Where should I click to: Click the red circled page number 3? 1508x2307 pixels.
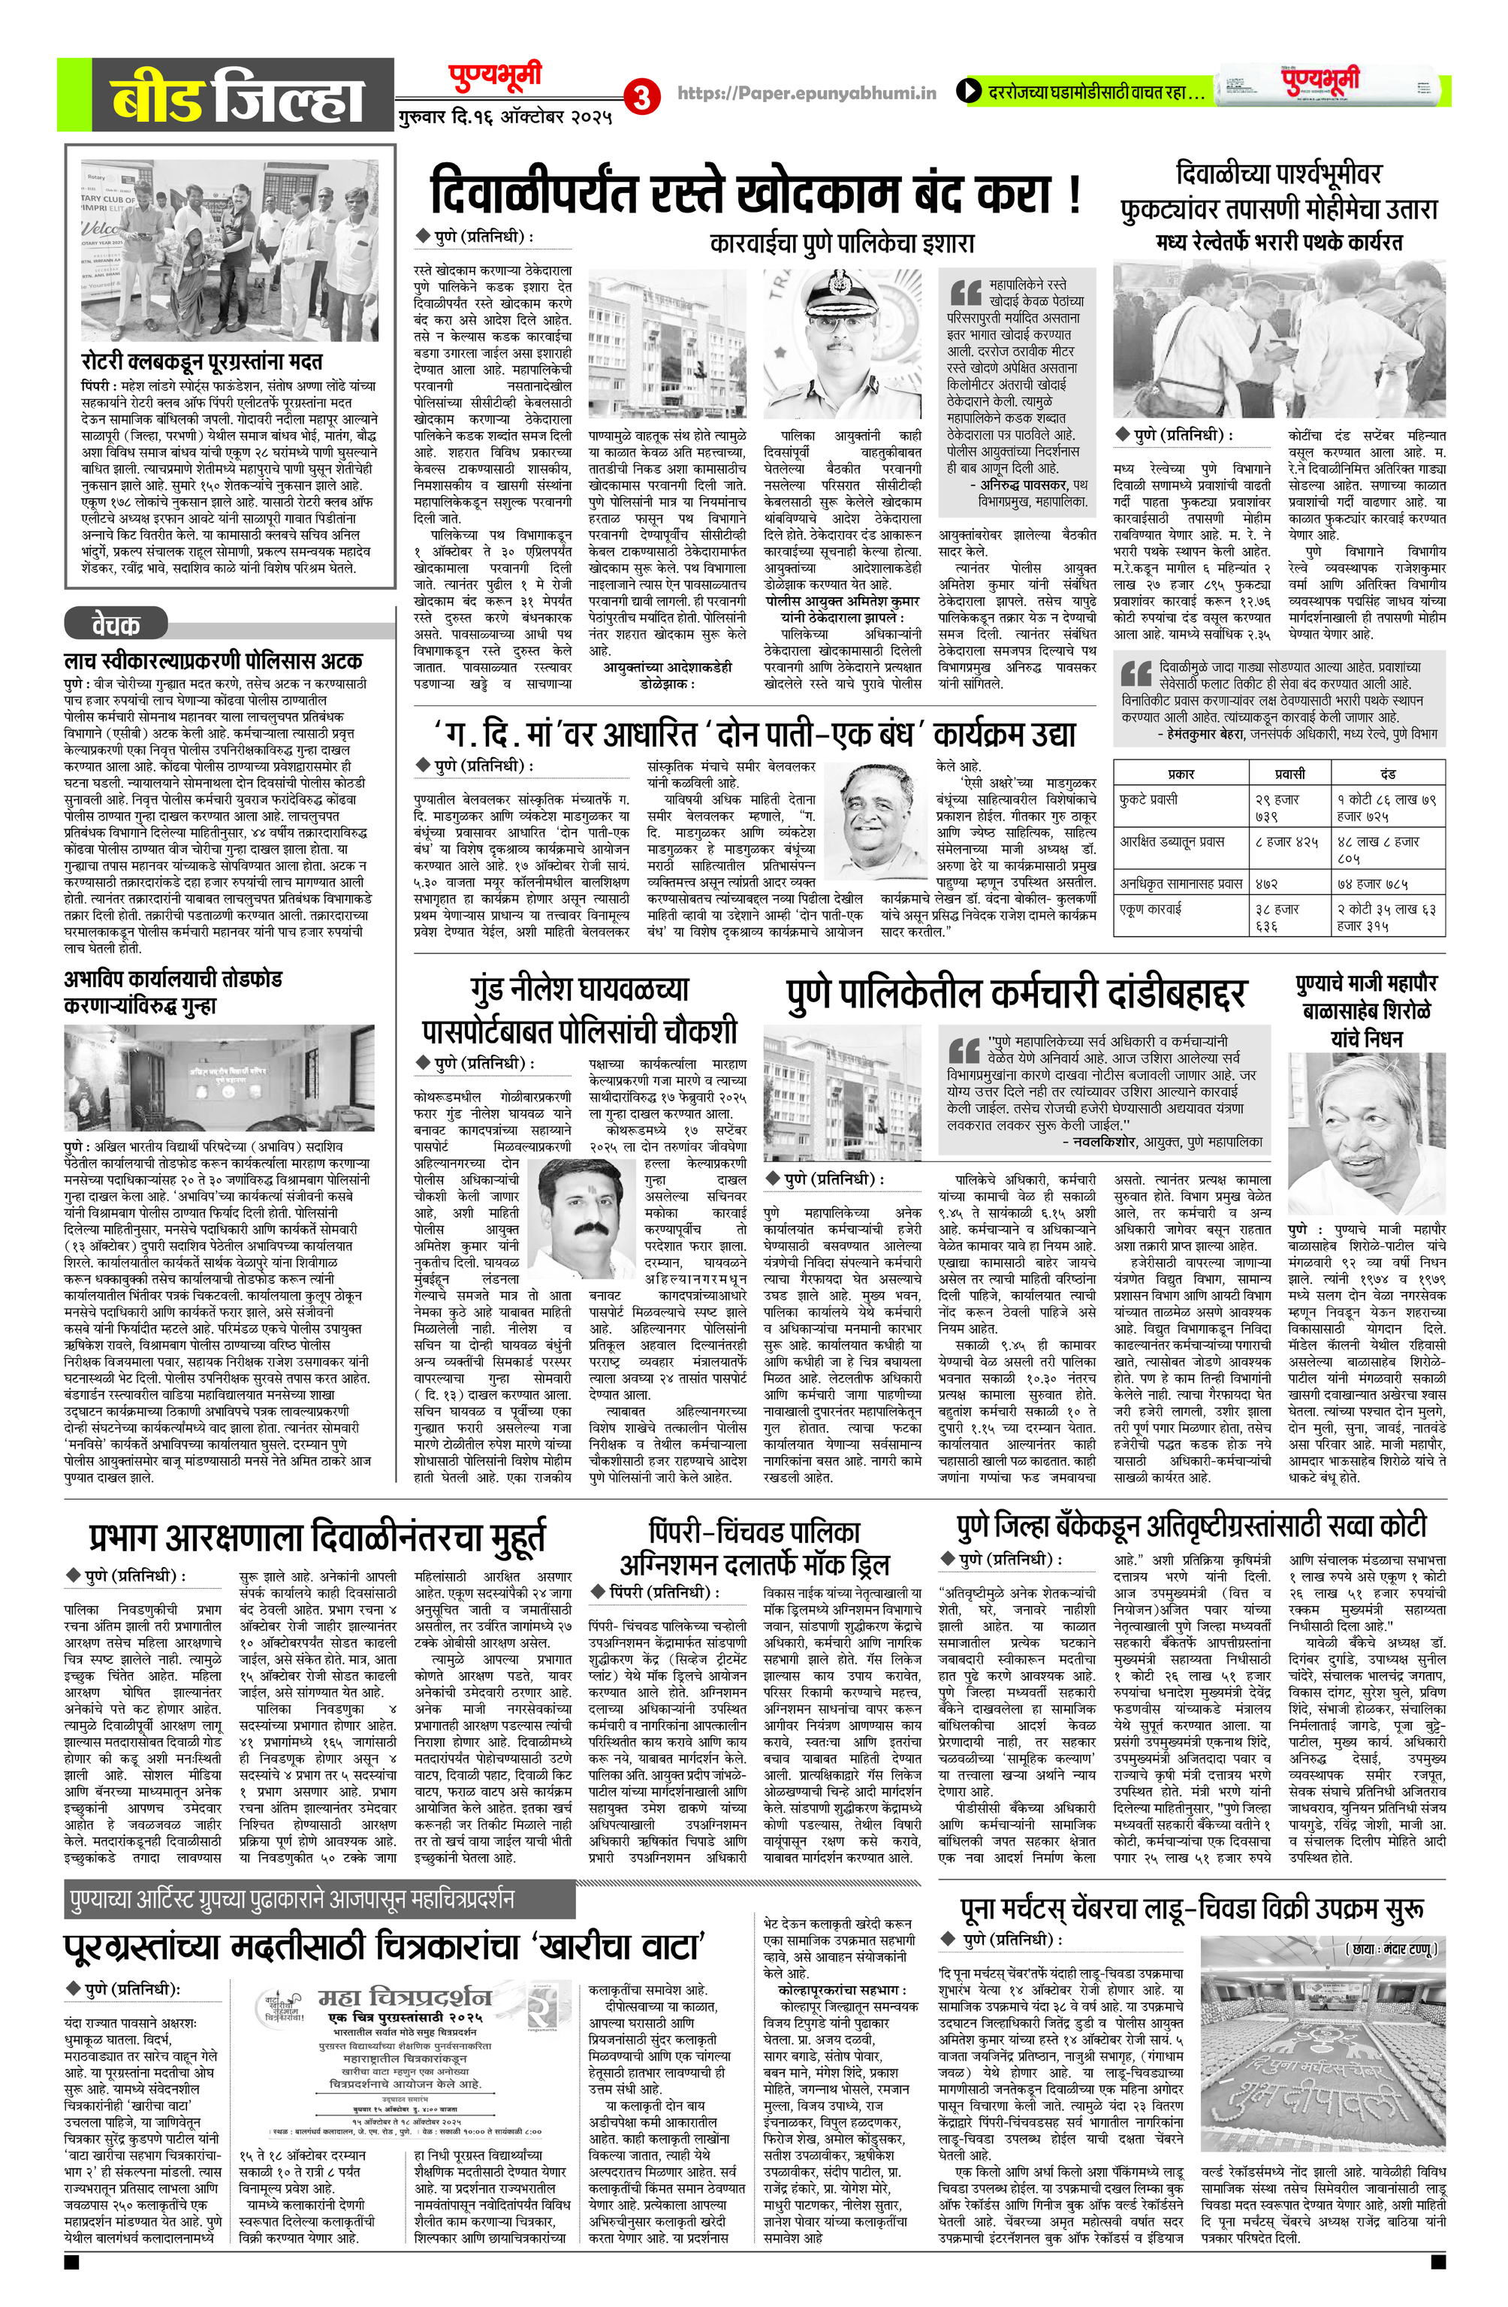point(640,96)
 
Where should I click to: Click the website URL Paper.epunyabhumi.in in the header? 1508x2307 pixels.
point(807,93)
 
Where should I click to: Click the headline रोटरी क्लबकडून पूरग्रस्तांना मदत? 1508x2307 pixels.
point(201,361)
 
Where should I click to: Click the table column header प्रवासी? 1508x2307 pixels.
point(1289,774)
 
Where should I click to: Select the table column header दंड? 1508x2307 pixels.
point(1387,774)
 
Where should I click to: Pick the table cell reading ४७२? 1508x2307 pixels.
point(1265,884)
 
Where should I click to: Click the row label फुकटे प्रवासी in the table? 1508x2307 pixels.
point(1148,800)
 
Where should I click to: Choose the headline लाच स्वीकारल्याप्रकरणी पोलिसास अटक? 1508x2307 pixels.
point(213,661)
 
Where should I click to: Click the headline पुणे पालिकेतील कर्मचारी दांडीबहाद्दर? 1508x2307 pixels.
point(1015,995)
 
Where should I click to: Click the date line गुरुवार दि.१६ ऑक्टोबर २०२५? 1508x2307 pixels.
point(504,118)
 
